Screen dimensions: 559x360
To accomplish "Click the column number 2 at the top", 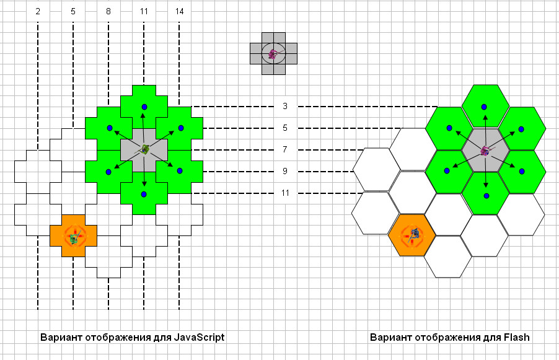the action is point(38,11).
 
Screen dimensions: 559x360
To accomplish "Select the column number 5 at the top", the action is point(73,11).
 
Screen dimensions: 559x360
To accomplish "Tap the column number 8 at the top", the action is point(108,11).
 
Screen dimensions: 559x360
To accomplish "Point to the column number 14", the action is point(179,11).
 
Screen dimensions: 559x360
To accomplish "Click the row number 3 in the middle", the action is point(285,106).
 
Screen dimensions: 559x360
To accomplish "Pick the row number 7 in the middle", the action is point(285,149).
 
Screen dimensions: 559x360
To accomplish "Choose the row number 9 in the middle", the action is point(285,171).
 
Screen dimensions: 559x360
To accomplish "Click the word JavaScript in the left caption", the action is point(199,337).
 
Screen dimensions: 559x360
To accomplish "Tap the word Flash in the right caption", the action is point(517,337).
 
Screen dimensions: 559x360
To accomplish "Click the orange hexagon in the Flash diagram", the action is point(412,235).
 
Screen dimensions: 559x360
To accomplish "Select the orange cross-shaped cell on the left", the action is point(73,235).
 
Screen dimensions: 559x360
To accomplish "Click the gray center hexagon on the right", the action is point(485,150).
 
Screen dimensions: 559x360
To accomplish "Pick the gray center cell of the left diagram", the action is point(144,150).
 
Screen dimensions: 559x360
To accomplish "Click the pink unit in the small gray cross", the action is point(273,54).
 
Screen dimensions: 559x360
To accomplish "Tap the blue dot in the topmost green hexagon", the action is point(484,107).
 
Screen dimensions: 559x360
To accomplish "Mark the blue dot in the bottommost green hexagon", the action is point(486,196).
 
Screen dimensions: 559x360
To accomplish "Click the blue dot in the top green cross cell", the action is point(144,107).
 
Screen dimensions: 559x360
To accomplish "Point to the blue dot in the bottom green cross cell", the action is point(144,195).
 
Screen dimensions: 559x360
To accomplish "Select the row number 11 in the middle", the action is point(285,193).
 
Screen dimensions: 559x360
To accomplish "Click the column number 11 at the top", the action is point(144,11).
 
